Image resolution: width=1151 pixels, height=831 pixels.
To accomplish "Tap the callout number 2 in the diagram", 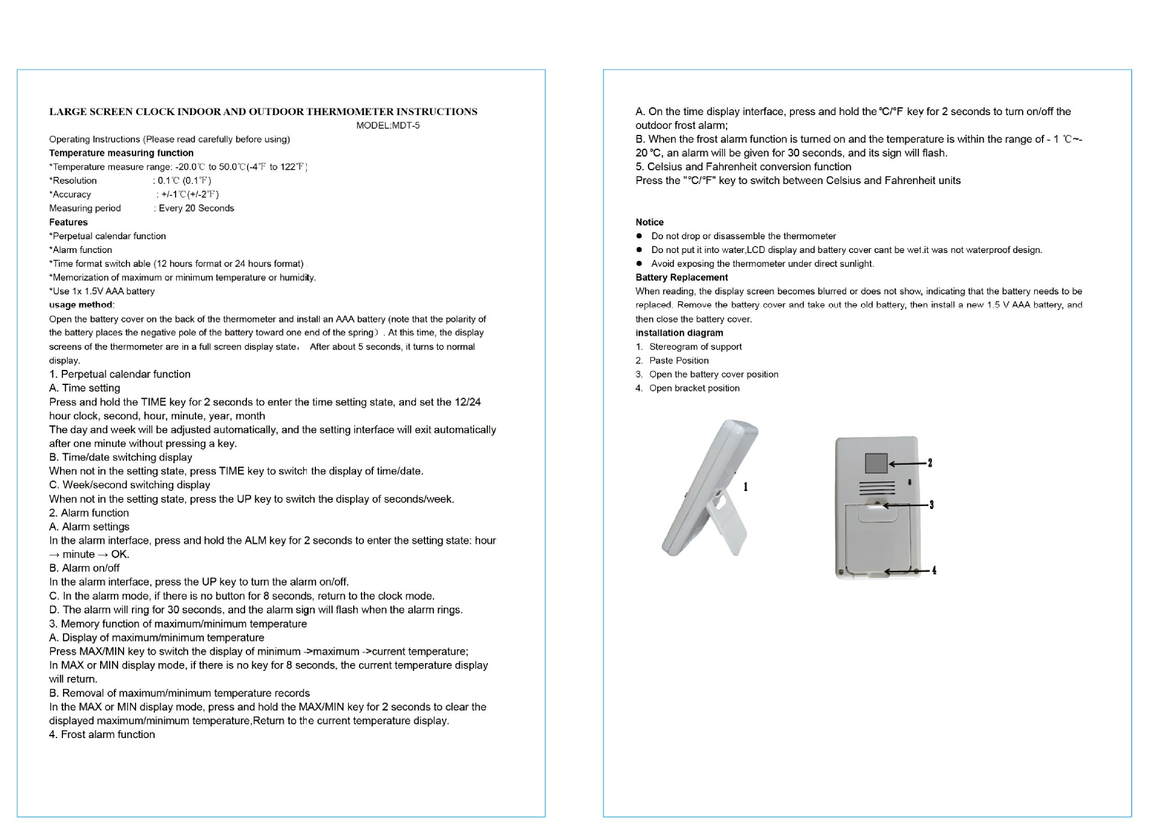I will coord(930,462).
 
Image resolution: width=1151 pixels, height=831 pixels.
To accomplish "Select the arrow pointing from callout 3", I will coord(905,505).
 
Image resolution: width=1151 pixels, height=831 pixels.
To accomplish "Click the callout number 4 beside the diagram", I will coord(934,570).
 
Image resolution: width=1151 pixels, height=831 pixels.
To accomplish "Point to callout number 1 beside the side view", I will coord(746,486).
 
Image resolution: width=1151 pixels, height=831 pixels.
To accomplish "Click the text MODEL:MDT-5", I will coord(388,125).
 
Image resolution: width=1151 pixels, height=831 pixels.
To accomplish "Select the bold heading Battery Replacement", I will coord(682,278).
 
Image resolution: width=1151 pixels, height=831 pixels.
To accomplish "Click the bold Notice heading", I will coord(649,222).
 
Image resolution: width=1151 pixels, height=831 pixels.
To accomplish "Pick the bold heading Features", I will coord(68,222).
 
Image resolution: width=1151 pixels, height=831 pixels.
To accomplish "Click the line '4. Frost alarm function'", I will coord(102,734).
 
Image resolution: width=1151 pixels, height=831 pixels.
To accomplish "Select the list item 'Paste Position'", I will coord(679,360).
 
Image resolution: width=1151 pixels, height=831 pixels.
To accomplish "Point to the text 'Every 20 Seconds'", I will coord(196,208).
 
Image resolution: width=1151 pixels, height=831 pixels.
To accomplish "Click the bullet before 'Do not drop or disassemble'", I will coord(640,236).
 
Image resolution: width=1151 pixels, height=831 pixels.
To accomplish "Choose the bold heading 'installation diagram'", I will coord(679,333).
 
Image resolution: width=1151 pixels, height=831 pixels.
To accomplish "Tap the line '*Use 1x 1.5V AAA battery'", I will coord(102,291).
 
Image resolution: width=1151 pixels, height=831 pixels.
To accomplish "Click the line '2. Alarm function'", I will coord(89,513).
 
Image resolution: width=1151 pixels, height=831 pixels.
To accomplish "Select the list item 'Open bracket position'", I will coord(694,388).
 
